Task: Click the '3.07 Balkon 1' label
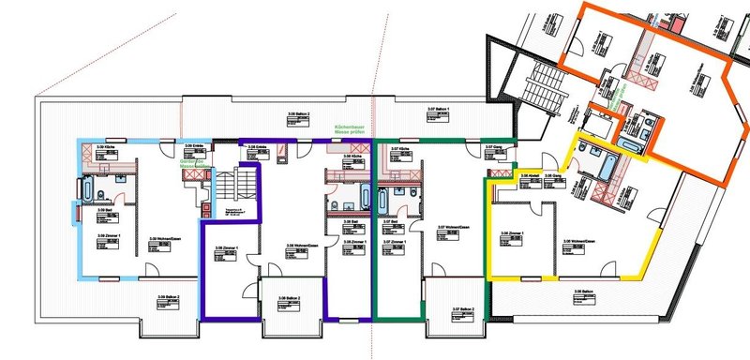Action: coord(439,111)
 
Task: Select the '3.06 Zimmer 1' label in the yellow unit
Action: coord(512,233)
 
